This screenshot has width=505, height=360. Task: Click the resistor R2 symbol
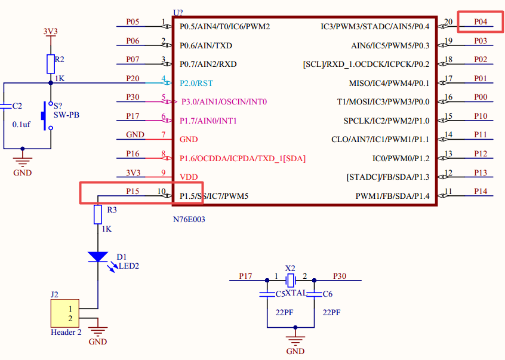[51, 64]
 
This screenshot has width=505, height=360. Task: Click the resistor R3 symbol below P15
[98, 214]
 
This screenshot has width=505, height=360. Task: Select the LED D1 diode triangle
[98, 257]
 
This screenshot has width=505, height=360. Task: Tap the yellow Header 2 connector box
[64, 313]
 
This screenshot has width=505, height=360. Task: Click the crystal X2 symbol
[291, 280]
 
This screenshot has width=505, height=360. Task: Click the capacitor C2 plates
[4, 106]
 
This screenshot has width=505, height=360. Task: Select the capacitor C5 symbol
[267, 294]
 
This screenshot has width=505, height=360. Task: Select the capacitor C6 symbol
[315, 294]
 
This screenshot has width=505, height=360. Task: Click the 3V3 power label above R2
[51, 31]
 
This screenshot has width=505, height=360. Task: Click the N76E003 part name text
[189, 219]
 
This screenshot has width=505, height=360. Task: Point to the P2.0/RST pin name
[196, 83]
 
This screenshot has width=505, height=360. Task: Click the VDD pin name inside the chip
[189, 177]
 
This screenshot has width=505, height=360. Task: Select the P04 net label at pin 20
[481, 21]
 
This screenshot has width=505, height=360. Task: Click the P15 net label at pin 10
[133, 191]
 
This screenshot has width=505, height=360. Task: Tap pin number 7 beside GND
[164, 134]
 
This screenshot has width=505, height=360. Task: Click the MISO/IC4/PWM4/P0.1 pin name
[389, 84]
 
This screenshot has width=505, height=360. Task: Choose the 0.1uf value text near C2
[21, 124]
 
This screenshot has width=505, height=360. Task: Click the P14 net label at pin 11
[481, 191]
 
